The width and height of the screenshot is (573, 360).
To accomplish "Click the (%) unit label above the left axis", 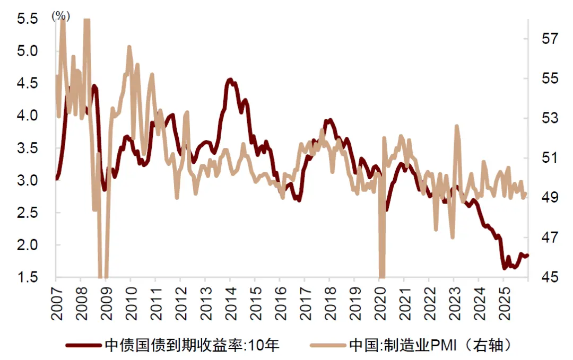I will [x=61, y=16].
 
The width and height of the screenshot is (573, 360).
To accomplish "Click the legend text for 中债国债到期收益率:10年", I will [x=192, y=346].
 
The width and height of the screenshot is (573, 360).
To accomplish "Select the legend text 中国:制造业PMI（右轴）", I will [x=430, y=346].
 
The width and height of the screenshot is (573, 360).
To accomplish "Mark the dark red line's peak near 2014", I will [x=230, y=80].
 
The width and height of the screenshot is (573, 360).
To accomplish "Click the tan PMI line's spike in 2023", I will [x=456, y=126].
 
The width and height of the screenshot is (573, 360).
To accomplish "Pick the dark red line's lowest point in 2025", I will [x=505, y=268].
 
